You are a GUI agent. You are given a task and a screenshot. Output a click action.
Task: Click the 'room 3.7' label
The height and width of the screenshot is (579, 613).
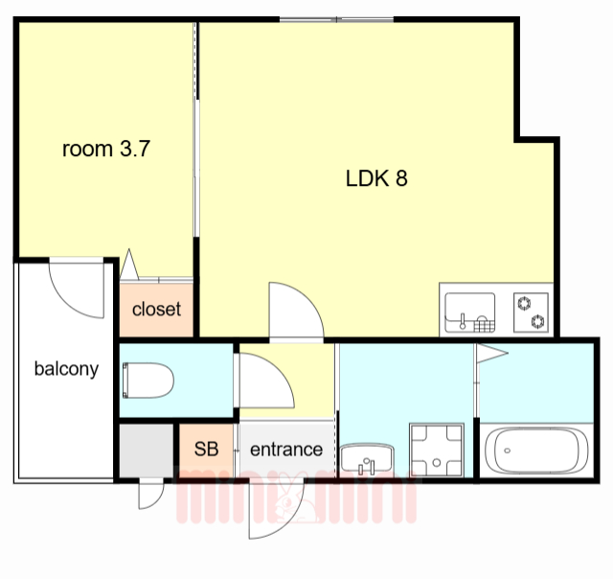pyautogui.click(x=106, y=149)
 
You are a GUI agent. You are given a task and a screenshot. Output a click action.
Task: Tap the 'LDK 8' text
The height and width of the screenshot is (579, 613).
pyautogui.click(x=376, y=178)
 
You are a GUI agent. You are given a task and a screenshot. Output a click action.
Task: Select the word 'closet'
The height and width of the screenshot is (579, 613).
pyautogui.click(x=156, y=309)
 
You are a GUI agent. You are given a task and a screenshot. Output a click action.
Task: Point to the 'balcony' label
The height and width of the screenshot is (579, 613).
pyautogui.click(x=66, y=368)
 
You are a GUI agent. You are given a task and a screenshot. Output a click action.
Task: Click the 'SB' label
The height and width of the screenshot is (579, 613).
pyautogui.click(x=206, y=449)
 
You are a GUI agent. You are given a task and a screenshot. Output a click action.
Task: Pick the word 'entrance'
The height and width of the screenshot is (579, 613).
pyautogui.click(x=285, y=449)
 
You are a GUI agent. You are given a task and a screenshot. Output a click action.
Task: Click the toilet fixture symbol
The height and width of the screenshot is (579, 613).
pyautogui.click(x=148, y=381)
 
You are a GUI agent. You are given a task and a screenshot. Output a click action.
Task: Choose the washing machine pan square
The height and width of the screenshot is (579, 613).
pyautogui.click(x=437, y=449)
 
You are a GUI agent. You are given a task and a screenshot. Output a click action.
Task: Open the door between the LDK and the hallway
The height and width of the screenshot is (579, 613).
pyautogui.click(x=296, y=311)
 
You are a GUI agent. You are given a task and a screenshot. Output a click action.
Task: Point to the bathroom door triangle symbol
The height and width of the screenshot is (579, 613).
pyautogui.click(x=490, y=354)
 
